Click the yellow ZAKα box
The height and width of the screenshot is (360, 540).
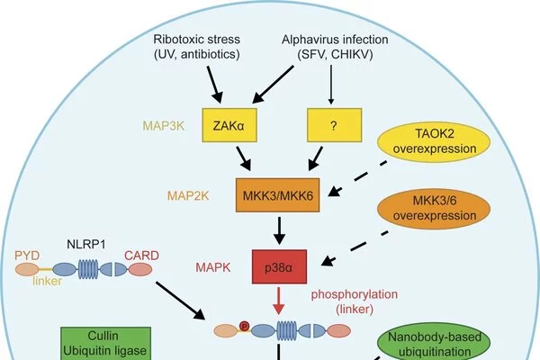tap(230, 127)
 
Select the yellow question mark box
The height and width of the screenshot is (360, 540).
tap(335, 127)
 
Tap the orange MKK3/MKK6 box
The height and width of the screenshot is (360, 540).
tap(280, 194)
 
